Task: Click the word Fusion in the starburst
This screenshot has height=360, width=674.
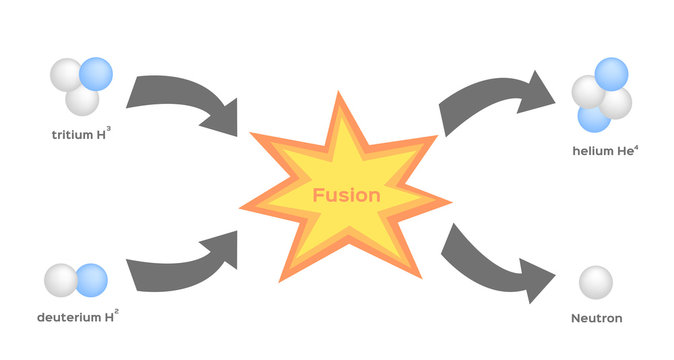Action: (346, 196)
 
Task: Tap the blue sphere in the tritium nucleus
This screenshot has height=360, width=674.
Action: (96, 73)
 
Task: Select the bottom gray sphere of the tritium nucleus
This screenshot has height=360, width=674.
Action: (83, 100)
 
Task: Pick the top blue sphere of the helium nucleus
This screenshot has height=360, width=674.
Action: (611, 74)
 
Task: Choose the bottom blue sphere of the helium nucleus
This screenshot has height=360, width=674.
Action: (593, 117)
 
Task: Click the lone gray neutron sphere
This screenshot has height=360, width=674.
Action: (596, 282)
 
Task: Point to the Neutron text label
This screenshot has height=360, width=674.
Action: (597, 318)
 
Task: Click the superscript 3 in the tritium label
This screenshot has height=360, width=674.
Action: (122, 128)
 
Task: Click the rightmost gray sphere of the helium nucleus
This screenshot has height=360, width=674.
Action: (617, 102)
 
